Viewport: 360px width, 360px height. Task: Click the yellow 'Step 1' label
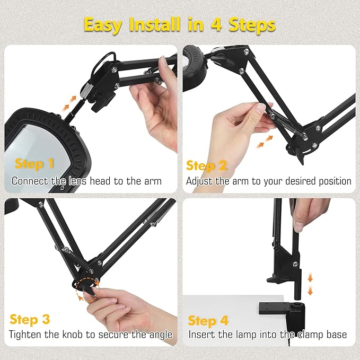coord(34,164)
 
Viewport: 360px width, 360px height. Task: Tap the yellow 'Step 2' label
coord(206,166)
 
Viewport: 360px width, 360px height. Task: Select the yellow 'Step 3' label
coord(30,319)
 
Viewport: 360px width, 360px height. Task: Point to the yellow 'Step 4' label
coord(208,320)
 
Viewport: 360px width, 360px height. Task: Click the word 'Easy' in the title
coord(107,25)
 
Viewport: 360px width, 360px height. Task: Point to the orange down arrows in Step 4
coord(311,284)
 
